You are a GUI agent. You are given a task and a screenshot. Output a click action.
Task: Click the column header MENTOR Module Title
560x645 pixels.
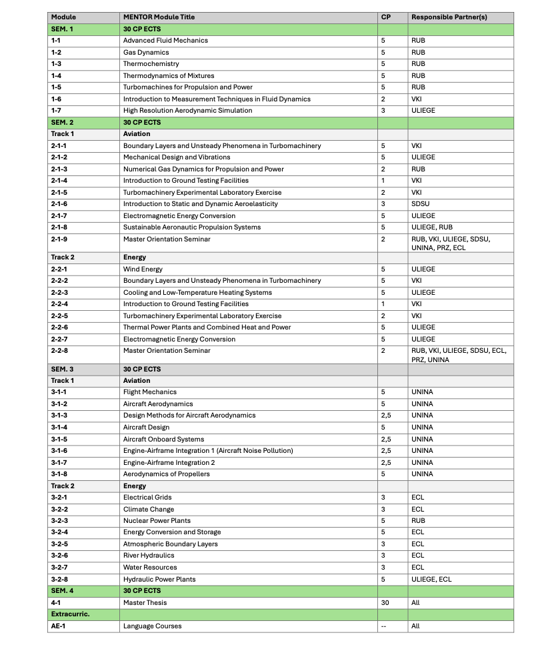coord(159,17)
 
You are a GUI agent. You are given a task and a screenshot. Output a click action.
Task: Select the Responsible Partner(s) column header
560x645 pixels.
coord(449,17)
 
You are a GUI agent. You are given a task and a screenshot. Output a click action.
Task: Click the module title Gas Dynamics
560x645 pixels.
coord(146,52)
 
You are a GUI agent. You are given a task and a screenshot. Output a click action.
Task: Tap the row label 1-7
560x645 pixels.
coord(57,110)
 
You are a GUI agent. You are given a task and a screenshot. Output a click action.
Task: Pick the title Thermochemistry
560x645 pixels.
coord(151,64)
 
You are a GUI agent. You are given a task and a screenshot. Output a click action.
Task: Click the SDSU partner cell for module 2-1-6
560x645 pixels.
coord(421,204)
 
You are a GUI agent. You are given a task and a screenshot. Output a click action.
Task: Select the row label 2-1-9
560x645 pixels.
coord(59,239)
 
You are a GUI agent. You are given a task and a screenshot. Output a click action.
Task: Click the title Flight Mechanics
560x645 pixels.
coord(150,392)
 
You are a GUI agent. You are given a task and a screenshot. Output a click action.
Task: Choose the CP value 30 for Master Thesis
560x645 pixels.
coord(385,602)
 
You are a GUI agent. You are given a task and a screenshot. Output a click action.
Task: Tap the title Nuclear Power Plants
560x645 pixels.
coord(157,520)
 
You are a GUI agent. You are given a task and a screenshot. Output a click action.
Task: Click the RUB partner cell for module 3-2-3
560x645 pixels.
coord(418,520)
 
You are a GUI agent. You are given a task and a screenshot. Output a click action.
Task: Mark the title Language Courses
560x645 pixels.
coord(152,626)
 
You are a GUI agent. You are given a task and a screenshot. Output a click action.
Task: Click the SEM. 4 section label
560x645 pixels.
coord(65,590)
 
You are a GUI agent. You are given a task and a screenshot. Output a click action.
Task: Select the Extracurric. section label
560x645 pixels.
coord(70,614)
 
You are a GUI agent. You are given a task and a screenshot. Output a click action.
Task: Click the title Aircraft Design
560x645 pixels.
coord(146,427)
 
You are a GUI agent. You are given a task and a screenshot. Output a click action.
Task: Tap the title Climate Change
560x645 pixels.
coord(148,509)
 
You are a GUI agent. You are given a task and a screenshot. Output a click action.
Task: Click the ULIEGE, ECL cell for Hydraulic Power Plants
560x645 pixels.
coord(431,579)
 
